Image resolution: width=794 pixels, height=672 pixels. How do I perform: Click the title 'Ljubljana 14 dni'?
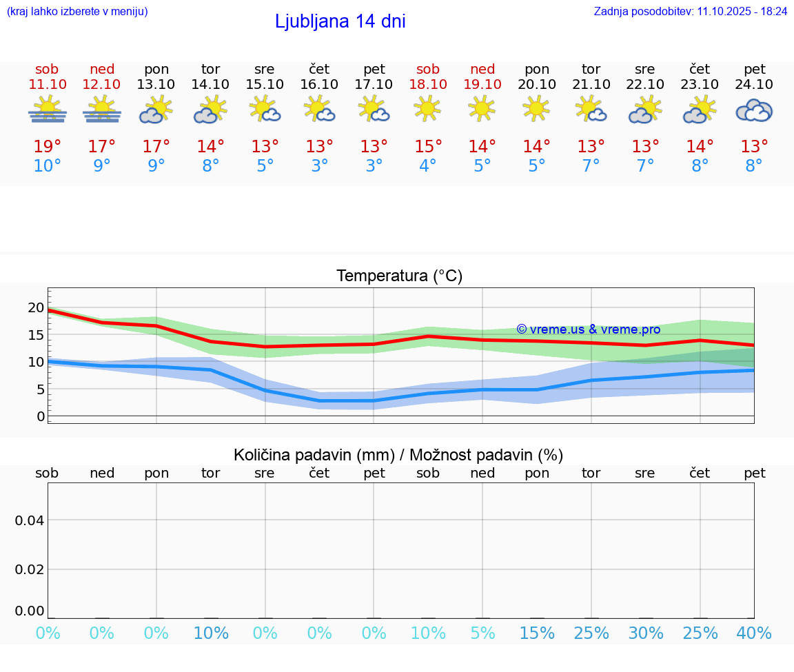340,21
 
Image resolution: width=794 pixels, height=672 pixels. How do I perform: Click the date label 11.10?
48,84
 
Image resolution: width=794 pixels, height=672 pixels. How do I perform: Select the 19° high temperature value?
48,146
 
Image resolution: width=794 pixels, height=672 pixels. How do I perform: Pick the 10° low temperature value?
48,166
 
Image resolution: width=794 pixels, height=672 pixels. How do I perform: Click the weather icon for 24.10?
754,110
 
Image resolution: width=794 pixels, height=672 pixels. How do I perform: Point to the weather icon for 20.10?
537,108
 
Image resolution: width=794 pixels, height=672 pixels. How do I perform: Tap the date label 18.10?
428,84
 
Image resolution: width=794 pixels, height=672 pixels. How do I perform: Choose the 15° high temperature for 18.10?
428,146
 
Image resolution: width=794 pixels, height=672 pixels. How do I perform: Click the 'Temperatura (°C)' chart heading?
400,276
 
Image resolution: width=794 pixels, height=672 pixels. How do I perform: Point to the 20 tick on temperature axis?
36,307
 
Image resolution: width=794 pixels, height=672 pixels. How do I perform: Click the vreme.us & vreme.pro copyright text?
588,329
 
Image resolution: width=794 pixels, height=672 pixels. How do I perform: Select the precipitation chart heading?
398,455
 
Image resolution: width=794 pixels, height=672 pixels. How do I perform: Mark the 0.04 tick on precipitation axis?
30,520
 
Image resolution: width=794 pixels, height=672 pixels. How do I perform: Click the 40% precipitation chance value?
754,633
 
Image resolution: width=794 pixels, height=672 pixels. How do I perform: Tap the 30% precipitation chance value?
645,633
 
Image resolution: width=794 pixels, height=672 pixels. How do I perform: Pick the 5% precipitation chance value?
482,633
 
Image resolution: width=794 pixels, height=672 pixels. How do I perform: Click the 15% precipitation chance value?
537,633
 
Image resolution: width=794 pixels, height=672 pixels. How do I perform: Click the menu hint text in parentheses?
77,11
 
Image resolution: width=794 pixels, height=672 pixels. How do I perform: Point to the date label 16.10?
319,84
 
